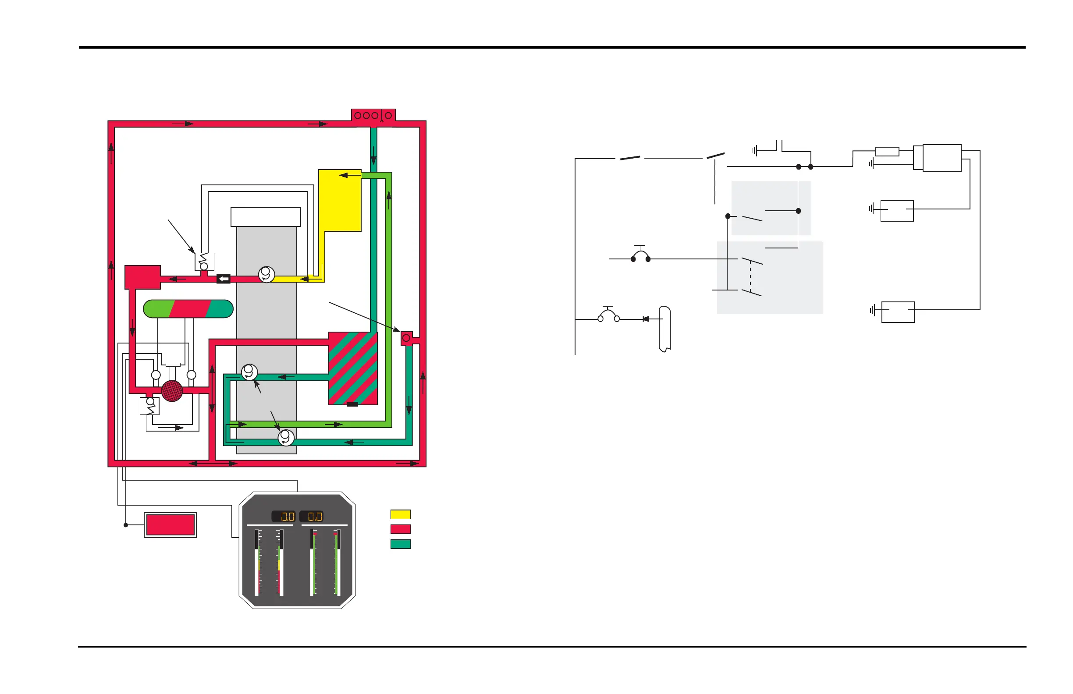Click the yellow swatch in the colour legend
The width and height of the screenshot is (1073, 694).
tap(400, 514)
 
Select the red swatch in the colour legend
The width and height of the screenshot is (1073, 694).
tap(400, 529)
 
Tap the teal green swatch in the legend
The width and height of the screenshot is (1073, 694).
tap(400, 544)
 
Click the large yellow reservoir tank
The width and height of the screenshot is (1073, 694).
tap(340, 201)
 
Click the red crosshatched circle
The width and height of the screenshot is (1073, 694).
tap(172, 391)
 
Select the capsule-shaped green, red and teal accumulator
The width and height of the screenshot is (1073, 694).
tap(188, 309)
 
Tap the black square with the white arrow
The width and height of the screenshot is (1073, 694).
tap(223, 279)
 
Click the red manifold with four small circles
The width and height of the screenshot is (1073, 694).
tap(373, 115)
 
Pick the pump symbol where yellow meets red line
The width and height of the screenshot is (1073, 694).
tap(266, 274)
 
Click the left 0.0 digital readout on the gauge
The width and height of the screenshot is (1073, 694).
tap(284, 517)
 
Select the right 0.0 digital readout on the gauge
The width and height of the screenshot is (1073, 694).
tap(312, 517)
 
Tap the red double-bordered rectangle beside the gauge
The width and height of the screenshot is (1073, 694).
tap(171, 525)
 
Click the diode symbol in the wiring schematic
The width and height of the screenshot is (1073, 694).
tap(646, 319)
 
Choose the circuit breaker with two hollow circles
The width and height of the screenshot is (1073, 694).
tap(609, 316)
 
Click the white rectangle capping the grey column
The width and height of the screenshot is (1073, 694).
tap(266, 217)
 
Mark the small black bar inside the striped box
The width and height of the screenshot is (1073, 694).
tap(352, 404)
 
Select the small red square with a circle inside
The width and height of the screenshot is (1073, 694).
tap(406, 338)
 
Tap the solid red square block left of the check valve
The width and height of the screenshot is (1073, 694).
tap(142, 277)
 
